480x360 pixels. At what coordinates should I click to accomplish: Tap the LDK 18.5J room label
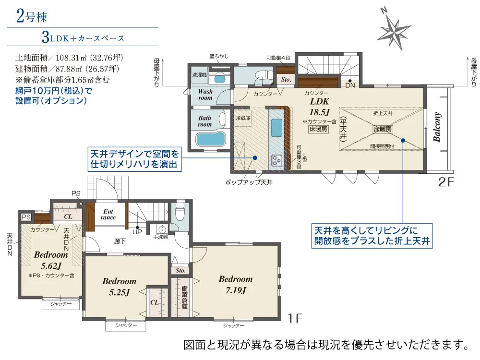(319, 107)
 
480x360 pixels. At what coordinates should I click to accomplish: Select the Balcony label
(437, 127)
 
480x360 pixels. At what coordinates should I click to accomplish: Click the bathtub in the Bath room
(211, 140)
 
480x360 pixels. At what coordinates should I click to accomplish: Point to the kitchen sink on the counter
(276, 128)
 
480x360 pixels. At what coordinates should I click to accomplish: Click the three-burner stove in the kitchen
(277, 161)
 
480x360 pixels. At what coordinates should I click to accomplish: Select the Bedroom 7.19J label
(236, 284)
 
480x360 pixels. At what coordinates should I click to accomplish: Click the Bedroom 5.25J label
(120, 287)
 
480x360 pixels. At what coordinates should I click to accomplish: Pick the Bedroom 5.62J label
(51, 260)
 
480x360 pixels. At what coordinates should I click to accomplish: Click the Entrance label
(108, 214)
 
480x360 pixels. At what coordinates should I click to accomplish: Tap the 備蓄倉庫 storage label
(185, 297)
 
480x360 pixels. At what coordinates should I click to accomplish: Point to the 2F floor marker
(446, 182)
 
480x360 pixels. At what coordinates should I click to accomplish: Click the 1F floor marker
(295, 318)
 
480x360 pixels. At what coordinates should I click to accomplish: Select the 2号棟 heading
(32, 16)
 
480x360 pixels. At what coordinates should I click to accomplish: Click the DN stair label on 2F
(350, 85)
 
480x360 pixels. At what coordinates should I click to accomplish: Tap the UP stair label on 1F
(137, 232)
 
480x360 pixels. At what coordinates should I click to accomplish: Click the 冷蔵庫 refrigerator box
(243, 118)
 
